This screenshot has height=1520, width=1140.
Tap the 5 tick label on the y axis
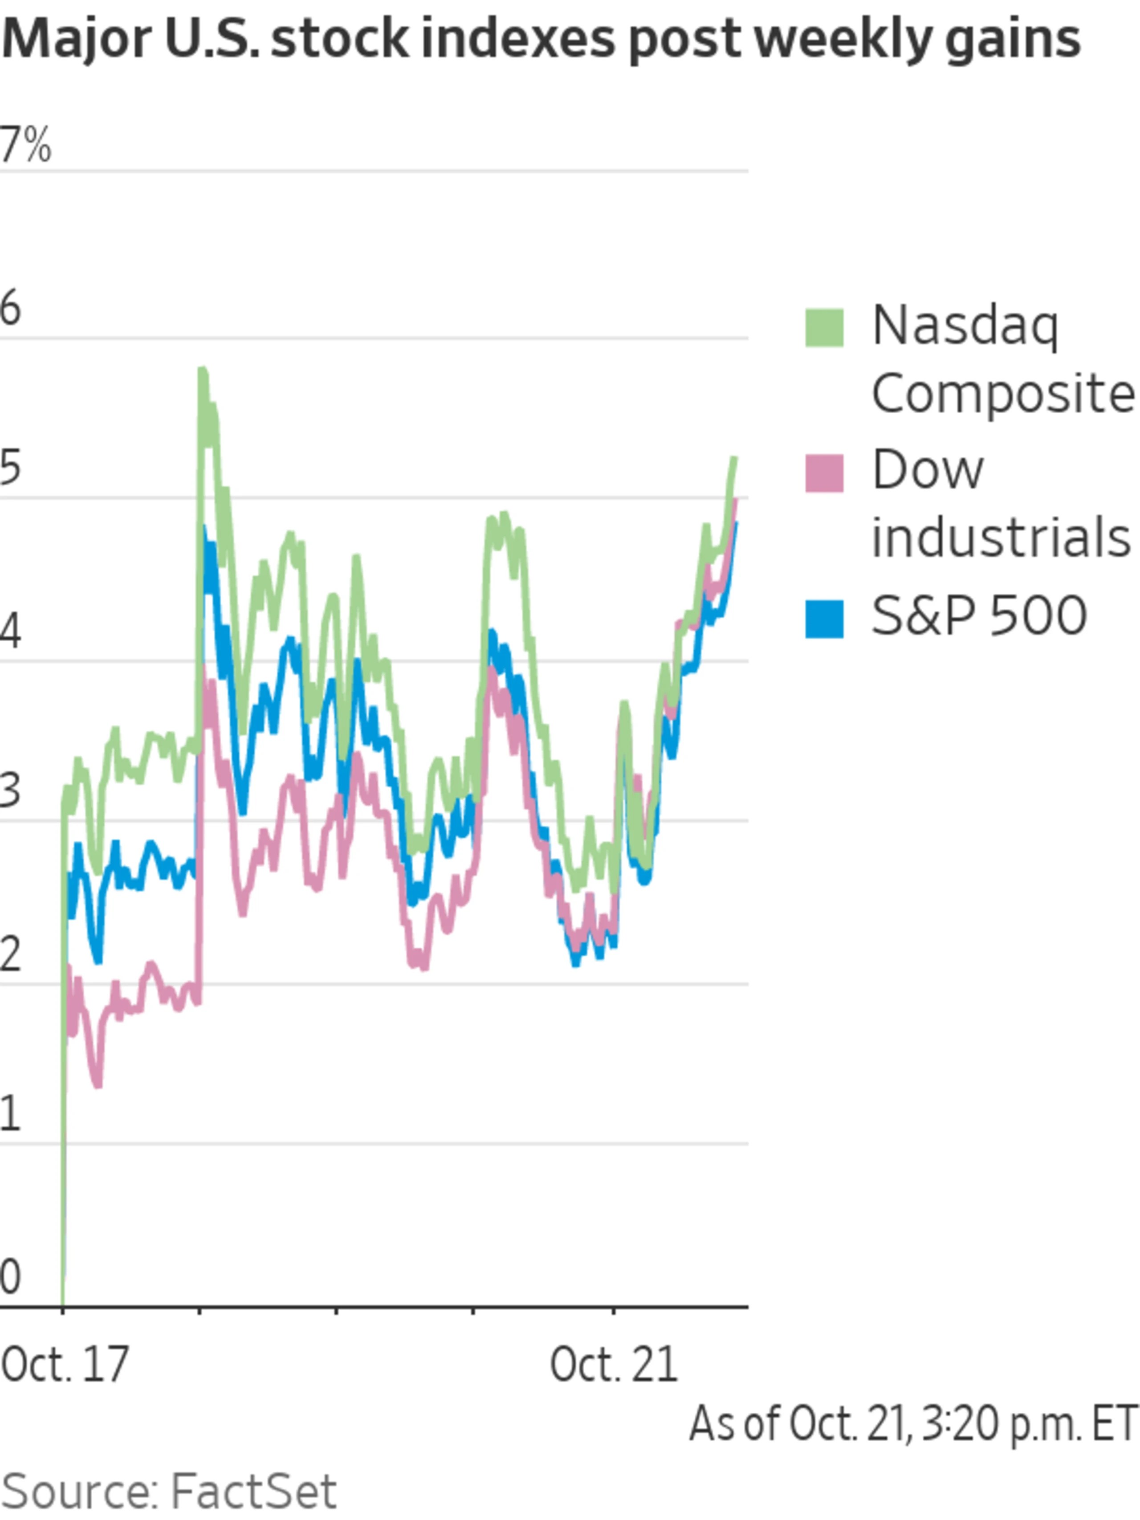point(11,468)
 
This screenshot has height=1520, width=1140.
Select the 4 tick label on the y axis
point(11,631)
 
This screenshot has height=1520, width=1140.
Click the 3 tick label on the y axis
point(11,790)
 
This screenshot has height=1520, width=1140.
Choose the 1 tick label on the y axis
point(10,1114)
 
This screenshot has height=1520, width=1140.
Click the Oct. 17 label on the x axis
point(65,1365)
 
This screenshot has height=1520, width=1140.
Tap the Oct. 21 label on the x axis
point(614,1365)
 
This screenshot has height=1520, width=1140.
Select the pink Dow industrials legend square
point(824,473)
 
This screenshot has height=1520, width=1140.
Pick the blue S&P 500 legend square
point(824,619)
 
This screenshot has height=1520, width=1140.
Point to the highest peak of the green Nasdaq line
point(203,372)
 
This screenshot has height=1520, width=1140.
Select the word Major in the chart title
point(76,40)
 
